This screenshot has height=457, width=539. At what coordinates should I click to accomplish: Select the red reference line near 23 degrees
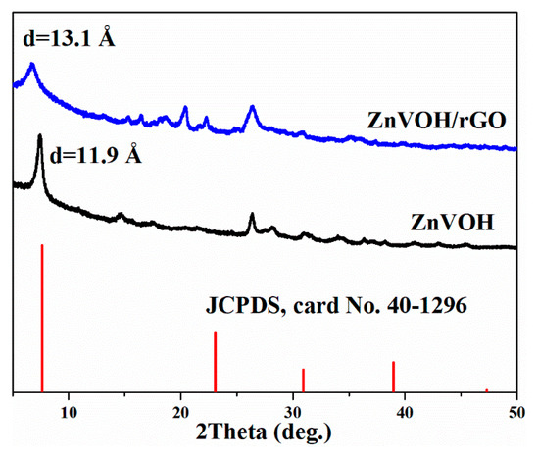click(x=216, y=362)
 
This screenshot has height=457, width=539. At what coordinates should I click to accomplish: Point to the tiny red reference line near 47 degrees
click(x=486, y=390)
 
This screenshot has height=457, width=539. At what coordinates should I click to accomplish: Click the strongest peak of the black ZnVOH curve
click(x=39, y=137)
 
